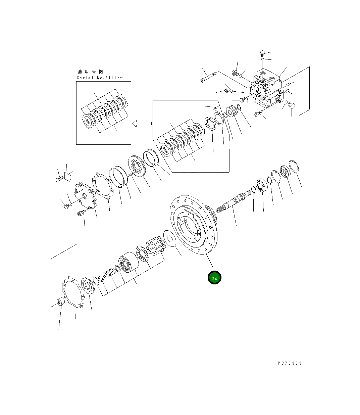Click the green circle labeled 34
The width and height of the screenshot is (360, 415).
pyautogui.click(x=214, y=278)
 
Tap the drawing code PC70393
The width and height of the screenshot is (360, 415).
pyautogui.click(x=290, y=363)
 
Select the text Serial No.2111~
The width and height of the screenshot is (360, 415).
pyautogui.click(x=100, y=78)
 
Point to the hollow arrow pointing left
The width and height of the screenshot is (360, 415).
pyautogui.click(x=142, y=124)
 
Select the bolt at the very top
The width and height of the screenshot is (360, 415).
pyautogui.click(x=262, y=53)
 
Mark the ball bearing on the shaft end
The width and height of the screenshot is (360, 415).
pyautogui.click(x=261, y=186)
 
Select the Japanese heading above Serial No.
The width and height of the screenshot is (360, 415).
pyautogui.click(x=90, y=72)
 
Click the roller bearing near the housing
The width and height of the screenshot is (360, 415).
pyautogui.click(x=232, y=112)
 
